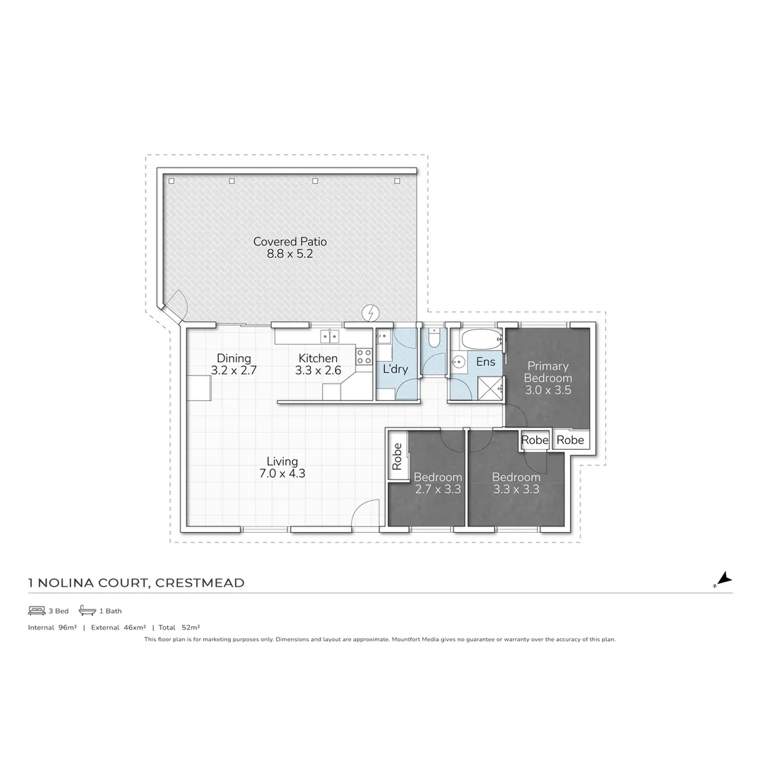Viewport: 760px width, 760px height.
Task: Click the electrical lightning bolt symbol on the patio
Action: pyautogui.click(x=371, y=312)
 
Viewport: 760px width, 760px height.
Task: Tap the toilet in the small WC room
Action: pyautogui.click(x=434, y=341)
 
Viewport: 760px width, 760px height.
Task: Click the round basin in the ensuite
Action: pyautogui.click(x=458, y=363)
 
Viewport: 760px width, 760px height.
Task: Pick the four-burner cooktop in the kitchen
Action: pyautogui.click(x=364, y=356)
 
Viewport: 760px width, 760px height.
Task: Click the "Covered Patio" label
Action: pyautogui.click(x=290, y=241)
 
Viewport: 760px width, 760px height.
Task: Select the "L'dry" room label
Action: pyautogui.click(x=395, y=368)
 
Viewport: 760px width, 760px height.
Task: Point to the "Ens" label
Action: pyautogui.click(x=486, y=362)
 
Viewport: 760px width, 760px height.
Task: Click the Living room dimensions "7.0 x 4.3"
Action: pyautogui.click(x=281, y=474)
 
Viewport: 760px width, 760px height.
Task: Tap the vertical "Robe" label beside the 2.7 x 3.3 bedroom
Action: pyautogui.click(x=397, y=456)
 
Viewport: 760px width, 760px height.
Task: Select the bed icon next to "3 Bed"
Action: pyautogui.click(x=37, y=610)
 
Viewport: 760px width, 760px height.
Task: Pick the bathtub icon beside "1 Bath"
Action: pyautogui.click(x=87, y=610)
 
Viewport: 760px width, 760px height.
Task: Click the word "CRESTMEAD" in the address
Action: pyautogui.click(x=200, y=583)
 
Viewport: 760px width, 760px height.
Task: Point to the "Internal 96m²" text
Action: pyautogui.click(x=52, y=627)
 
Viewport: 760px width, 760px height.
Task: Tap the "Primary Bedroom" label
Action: pyautogui.click(x=548, y=372)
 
